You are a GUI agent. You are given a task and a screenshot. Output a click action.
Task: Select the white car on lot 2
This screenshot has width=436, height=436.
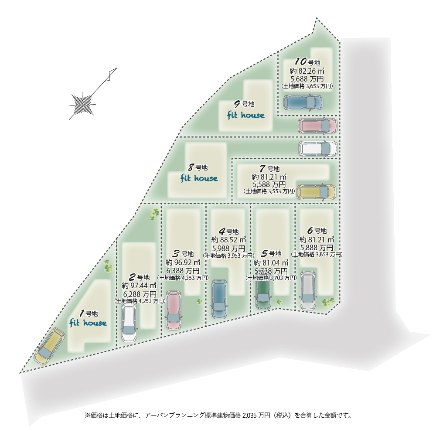point(129,323)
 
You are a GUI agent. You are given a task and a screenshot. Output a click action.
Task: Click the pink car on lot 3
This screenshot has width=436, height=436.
point(174,310)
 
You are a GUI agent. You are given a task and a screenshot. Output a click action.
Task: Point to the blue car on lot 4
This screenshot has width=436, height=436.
point(219,299)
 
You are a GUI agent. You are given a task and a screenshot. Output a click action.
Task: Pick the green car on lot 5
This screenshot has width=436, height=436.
point(263,295)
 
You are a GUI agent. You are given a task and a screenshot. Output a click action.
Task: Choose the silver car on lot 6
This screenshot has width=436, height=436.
point(308,290)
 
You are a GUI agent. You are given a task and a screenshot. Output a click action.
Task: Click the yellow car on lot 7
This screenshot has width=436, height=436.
point(316,192)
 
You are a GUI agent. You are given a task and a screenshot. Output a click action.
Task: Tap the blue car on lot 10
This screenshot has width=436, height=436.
point(304,103)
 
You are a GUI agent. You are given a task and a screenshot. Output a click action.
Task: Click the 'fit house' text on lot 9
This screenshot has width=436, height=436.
point(246,115)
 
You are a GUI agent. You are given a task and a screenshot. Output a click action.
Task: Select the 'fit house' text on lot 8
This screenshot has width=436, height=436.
point(199,178)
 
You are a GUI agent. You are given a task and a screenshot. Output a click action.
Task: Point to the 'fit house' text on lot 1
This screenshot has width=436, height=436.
point(88,323)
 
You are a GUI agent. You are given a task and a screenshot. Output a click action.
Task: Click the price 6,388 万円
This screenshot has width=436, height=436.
point(183,270)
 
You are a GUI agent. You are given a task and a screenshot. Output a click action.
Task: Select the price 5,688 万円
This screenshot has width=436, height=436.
point(307,79)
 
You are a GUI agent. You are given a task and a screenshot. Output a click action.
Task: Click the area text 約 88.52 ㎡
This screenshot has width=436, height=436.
point(228,239)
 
